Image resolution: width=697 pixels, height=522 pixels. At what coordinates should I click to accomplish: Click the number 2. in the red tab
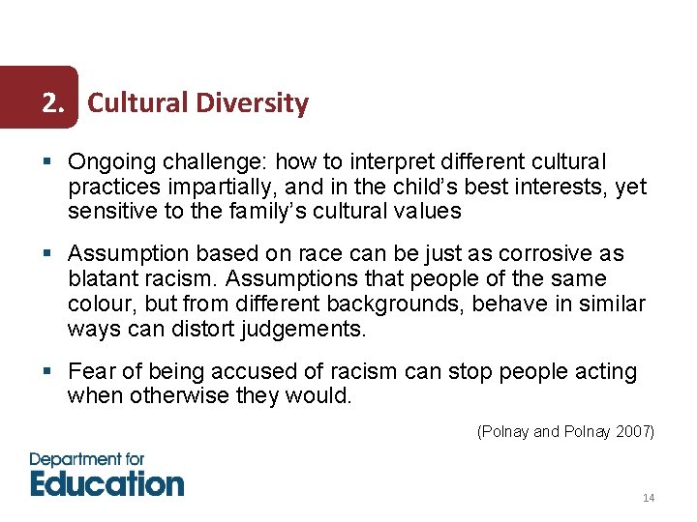click(57, 102)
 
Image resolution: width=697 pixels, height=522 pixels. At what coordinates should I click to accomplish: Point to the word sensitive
click(108, 212)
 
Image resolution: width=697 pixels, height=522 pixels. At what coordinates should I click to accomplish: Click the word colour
click(101, 304)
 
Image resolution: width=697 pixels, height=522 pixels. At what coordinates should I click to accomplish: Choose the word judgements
click(309, 330)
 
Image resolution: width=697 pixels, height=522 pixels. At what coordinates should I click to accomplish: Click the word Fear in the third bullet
click(89, 372)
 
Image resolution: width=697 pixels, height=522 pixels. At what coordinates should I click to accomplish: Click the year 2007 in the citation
click(633, 432)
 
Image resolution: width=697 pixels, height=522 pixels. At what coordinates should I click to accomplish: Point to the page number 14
click(649, 498)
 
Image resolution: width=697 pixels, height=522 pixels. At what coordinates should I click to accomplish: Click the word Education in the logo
click(106, 482)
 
